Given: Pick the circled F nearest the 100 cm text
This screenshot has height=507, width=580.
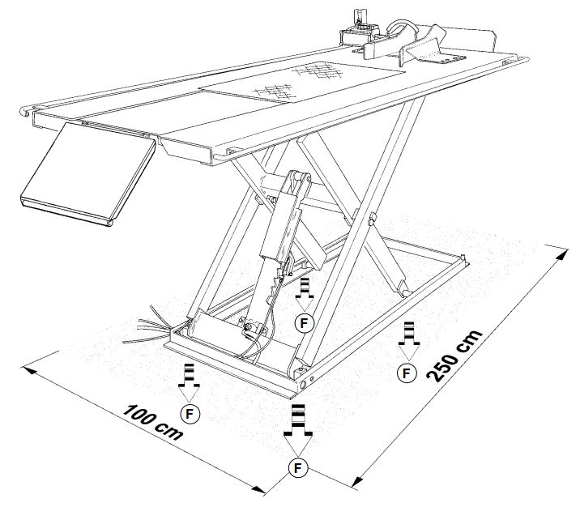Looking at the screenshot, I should click(190, 413).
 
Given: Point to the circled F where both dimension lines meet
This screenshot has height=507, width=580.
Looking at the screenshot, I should click(298, 467).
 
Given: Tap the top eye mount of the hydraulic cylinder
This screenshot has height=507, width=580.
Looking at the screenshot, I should click(298, 177).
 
